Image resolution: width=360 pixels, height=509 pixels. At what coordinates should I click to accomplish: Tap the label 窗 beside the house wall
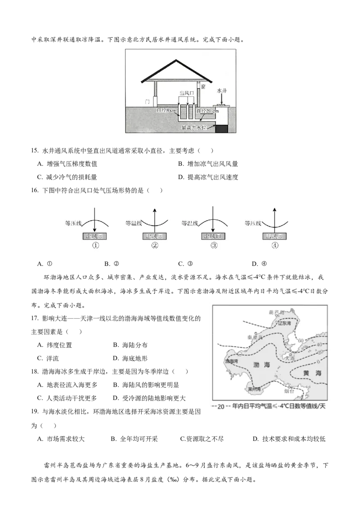click(203, 87)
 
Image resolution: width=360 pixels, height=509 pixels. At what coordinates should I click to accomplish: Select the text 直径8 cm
click(166, 110)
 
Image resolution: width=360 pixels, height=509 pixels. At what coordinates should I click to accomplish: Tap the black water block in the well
click(222, 129)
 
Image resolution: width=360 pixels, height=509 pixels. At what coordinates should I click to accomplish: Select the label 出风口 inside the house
click(186, 93)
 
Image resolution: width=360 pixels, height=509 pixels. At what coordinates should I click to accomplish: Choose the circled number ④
click(275, 246)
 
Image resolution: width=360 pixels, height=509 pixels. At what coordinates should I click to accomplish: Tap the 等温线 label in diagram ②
click(134, 222)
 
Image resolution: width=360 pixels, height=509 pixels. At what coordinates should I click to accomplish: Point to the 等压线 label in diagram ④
click(252, 222)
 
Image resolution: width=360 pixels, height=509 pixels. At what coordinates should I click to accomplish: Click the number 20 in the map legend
click(220, 407)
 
